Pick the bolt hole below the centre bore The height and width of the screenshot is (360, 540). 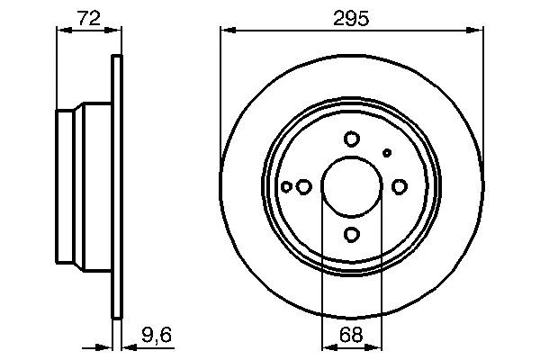click(352, 235)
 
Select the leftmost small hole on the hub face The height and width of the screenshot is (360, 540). click(287, 187)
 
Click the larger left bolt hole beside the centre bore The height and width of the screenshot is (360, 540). click(304, 187)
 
